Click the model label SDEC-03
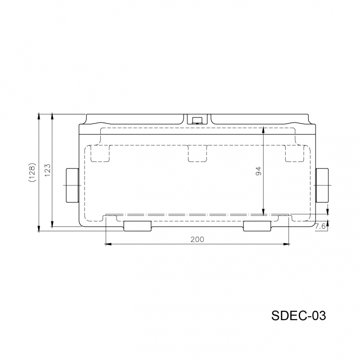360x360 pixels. (298, 315)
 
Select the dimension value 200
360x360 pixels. (197, 239)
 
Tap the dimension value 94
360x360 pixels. (258, 171)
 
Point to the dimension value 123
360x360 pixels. (47, 170)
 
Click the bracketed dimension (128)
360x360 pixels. (32, 172)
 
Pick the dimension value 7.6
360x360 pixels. (320, 226)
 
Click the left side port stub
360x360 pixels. (72, 185)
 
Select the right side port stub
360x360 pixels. (322, 185)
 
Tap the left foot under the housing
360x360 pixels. (138, 226)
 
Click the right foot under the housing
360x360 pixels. (257, 226)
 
